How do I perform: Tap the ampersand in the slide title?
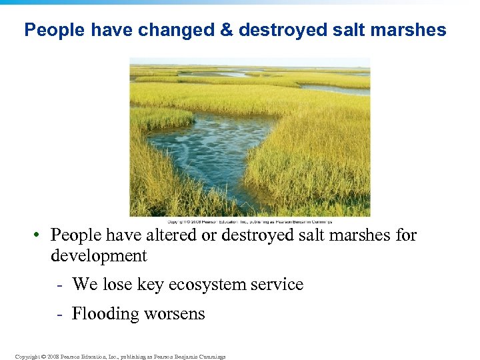pyautogui.click(x=225, y=30)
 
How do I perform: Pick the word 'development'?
pyautogui.click(x=99, y=255)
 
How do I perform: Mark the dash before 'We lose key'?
pyautogui.click(x=61, y=285)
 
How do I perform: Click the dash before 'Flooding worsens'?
pyautogui.click(x=61, y=314)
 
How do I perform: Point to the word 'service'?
pyautogui.click(x=279, y=285)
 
